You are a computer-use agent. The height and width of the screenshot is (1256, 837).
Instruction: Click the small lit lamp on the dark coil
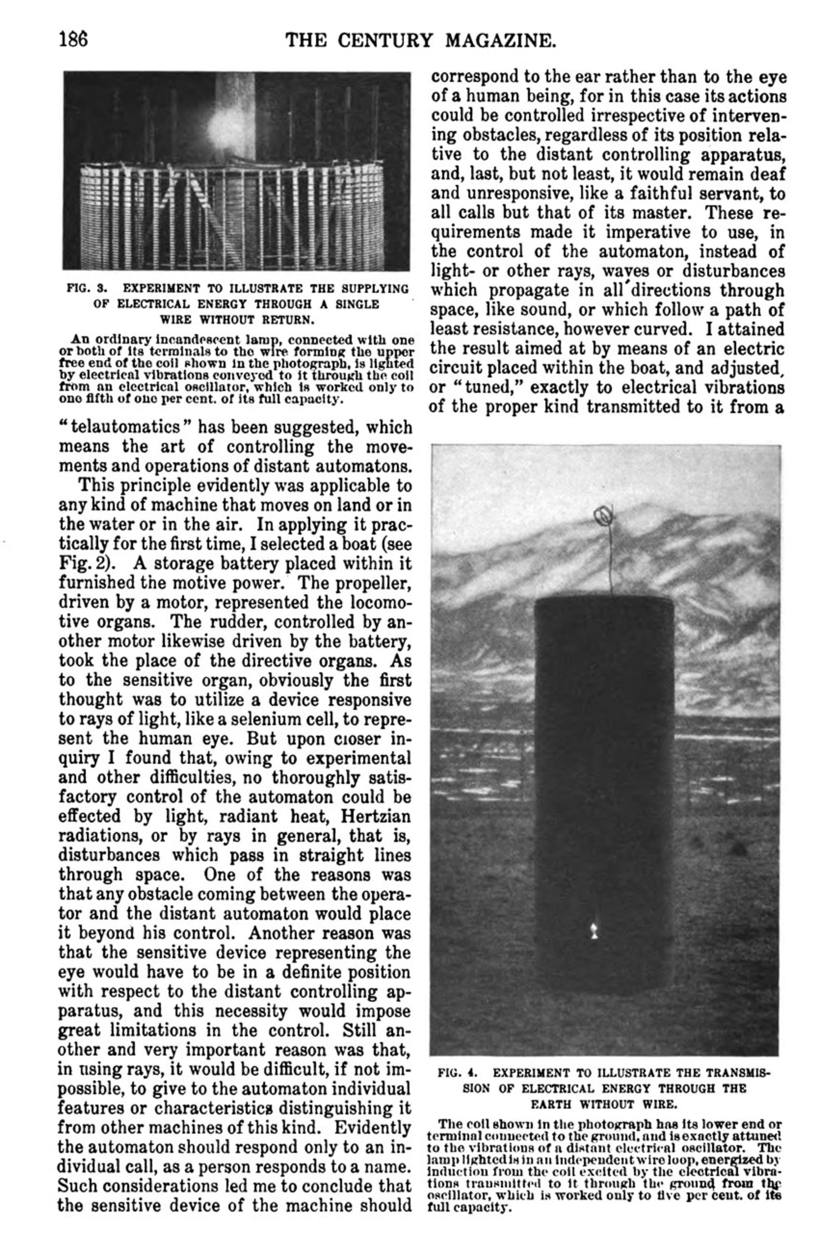[x=593, y=932]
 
